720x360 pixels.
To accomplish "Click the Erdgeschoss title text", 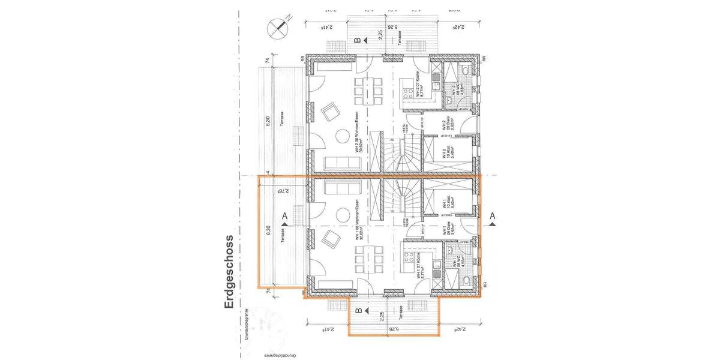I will click(x=229, y=272).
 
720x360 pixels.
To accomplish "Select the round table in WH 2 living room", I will click(x=343, y=136).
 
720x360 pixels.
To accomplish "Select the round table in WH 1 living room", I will click(x=343, y=215).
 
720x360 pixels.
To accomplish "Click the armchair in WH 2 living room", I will click(x=330, y=111).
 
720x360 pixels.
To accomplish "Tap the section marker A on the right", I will click(x=493, y=217).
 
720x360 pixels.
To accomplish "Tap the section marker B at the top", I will click(x=358, y=41).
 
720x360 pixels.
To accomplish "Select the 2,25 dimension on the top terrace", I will click(x=380, y=35).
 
